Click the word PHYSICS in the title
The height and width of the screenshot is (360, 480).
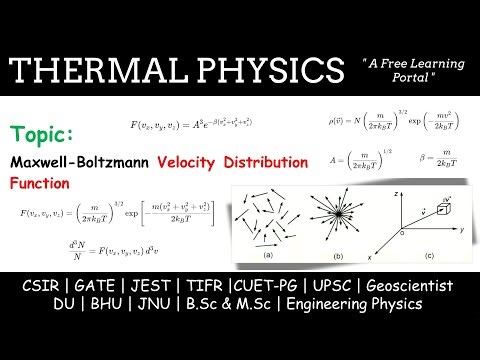click(x=263, y=71)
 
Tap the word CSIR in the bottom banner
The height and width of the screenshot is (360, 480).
click(x=40, y=286)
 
